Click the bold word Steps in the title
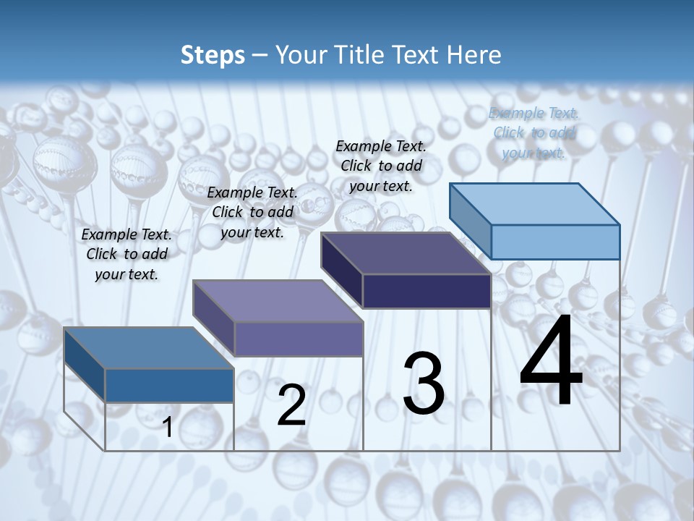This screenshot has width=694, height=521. click(x=212, y=55)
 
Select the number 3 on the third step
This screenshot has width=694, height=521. click(x=423, y=384)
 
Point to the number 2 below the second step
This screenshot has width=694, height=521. click(x=291, y=405)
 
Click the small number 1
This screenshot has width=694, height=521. click(x=168, y=427)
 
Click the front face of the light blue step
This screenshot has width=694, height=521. click(x=555, y=242)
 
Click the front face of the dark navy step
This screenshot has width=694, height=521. click(x=427, y=291)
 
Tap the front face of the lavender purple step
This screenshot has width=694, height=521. click(x=299, y=339)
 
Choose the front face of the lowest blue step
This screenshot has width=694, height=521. click(x=169, y=385)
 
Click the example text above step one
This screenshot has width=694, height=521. click(x=127, y=254)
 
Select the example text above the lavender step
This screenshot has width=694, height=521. click(x=252, y=212)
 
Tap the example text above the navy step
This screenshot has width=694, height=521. click(x=381, y=166)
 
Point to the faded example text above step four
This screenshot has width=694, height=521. click(x=534, y=132)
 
